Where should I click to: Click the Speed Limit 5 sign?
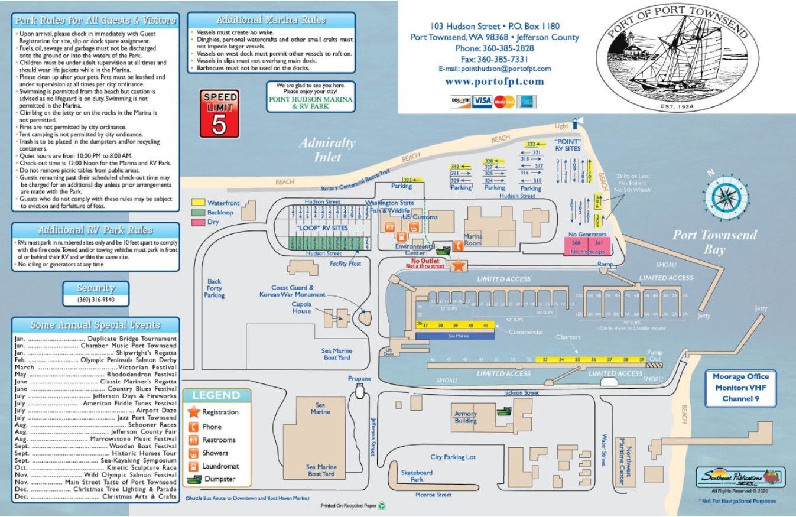coord(219,113)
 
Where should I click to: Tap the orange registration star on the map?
coord(458,266)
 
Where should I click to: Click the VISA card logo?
coord(482,102)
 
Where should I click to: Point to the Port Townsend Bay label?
coord(714,242)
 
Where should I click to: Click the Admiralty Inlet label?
coord(327,149)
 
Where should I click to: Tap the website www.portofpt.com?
coord(494,82)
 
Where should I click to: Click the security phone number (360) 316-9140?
coord(96,300)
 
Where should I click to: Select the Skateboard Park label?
coord(417,476)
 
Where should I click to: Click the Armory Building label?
coord(466,418)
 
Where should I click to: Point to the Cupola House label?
coord(301,307)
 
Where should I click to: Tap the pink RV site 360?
coord(576,243)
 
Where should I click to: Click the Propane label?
coord(359,379)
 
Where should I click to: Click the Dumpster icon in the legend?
coord(193,479)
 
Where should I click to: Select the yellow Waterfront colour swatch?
coord(198,203)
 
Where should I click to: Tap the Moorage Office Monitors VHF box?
coord(740,388)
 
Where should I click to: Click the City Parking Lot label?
coord(453,457)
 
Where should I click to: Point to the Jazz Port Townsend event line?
coord(95,418)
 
